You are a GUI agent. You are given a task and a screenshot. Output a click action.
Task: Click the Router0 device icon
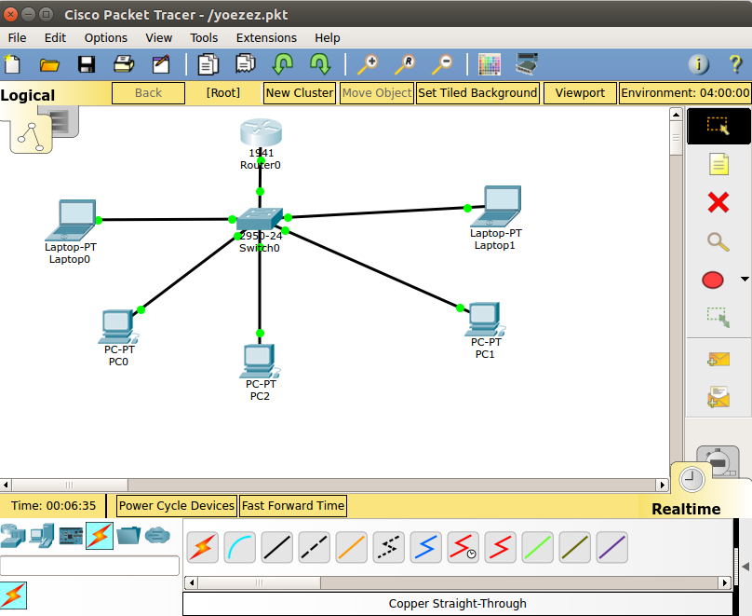(x=260, y=132)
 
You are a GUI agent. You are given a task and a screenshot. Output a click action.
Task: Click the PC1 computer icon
(x=484, y=319)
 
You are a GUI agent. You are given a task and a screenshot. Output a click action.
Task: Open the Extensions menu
(x=266, y=38)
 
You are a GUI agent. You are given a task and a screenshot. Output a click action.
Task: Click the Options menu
(x=106, y=38)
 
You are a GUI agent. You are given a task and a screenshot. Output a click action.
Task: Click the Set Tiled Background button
(x=477, y=93)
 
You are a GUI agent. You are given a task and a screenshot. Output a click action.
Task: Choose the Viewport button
(x=580, y=93)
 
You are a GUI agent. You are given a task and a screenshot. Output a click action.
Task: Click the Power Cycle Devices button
(x=177, y=506)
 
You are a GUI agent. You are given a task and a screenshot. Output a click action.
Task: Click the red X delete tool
(x=718, y=202)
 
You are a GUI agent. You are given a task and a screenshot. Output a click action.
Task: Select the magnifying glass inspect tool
(x=718, y=241)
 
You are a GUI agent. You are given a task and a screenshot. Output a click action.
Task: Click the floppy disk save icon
(x=87, y=64)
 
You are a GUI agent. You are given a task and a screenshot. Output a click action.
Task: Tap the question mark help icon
(x=735, y=64)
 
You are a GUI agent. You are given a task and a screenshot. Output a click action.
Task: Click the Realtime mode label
(x=686, y=509)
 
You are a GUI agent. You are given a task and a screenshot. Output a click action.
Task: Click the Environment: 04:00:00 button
(x=685, y=93)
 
